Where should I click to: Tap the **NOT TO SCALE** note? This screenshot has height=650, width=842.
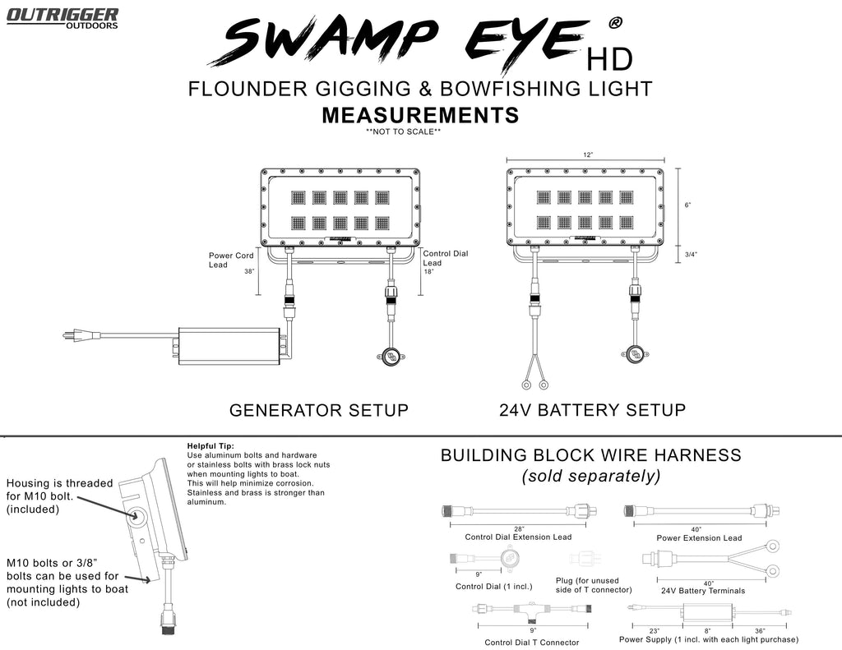click(x=403, y=131)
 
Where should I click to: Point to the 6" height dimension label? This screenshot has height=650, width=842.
click(x=687, y=205)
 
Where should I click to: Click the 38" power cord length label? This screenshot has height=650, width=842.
click(x=248, y=271)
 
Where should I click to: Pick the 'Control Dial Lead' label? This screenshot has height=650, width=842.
click(x=445, y=258)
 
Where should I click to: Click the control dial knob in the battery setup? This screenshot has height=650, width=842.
click(x=635, y=355)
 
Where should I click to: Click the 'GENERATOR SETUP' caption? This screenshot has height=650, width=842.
click(x=318, y=409)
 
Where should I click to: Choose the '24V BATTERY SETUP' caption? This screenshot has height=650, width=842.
click(x=592, y=409)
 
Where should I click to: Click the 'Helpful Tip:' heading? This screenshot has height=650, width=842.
click(x=211, y=446)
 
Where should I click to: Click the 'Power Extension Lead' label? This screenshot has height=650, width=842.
click(x=699, y=538)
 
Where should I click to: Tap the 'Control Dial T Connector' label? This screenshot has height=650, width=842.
click(x=531, y=643)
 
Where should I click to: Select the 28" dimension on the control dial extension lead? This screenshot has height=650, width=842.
click(x=519, y=528)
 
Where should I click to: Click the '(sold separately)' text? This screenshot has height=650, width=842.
click(x=591, y=476)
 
